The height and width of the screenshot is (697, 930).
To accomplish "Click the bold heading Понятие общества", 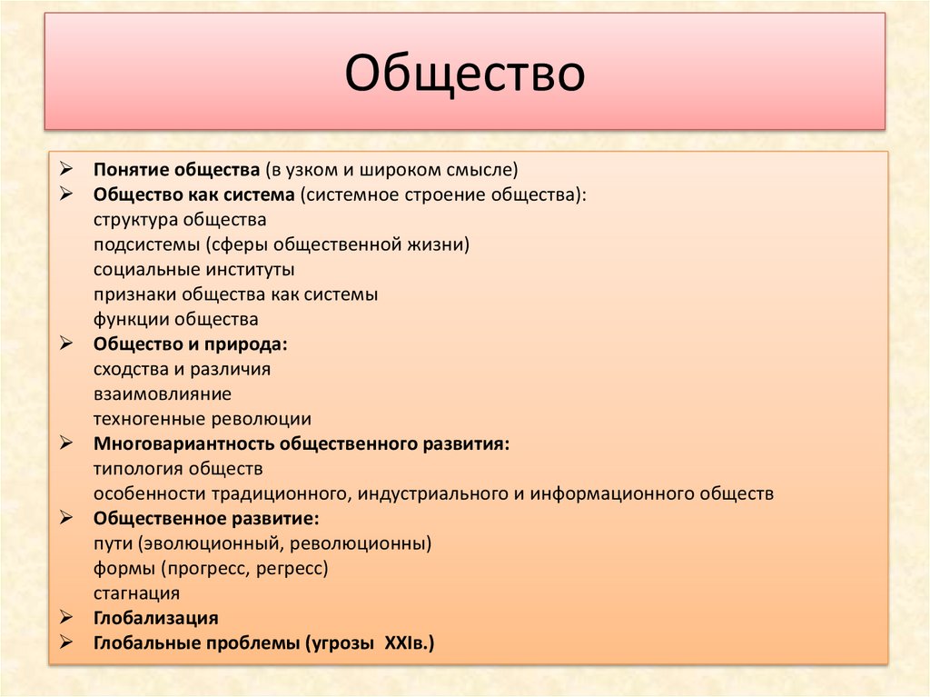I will pyautogui.click(x=176, y=169).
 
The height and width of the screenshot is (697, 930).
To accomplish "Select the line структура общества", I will pyautogui.click(x=179, y=220).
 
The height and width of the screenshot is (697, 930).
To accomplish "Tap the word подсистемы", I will pyautogui.click(x=146, y=244).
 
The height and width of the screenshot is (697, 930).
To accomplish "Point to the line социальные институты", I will pyautogui.click(x=193, y=270).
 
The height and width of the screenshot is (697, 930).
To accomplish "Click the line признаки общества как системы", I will pyautogui.click(x=235, y=294).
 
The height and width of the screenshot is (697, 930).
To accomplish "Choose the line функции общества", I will pyautogui.click(x=175, y=319).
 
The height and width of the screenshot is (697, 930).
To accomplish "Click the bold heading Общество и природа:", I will pyautogui.click(x=190, y=344).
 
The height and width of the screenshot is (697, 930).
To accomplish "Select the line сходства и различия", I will pyautogui.click(x=182, y=369).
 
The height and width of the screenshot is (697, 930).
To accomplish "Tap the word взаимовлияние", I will pyautogui.click(x=162, y=394).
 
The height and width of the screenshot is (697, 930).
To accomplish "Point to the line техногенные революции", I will pyautogui.click(x=202, y=419).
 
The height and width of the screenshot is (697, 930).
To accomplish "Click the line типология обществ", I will pyautogui.click(x=177, y=469).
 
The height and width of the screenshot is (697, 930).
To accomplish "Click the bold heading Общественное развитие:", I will pyautogui.click(x=205, y=519).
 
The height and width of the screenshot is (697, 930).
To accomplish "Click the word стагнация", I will pyautogui.click(x=136, y=593).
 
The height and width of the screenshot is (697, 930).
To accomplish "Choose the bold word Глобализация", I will pyautogui.click(x=155, y=619).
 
